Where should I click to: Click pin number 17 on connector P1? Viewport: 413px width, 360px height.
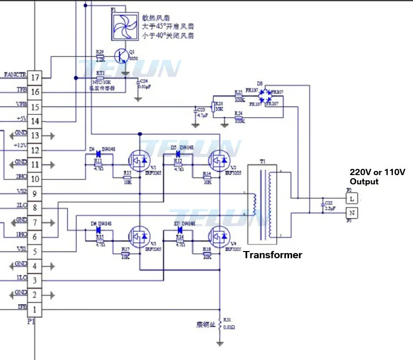coord(35,77)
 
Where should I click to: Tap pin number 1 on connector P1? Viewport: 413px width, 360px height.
coord(35,309)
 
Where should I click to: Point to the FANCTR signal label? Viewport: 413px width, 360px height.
coord(14,75)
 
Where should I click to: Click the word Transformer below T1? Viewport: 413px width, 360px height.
coord(273,255)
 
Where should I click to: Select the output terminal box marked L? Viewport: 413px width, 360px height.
coord(352,198)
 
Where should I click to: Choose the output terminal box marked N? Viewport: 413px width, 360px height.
coord(352,213)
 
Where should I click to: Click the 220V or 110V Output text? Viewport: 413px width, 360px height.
coord(378,177)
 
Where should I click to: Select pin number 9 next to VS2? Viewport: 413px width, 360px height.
coord(35,194)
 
